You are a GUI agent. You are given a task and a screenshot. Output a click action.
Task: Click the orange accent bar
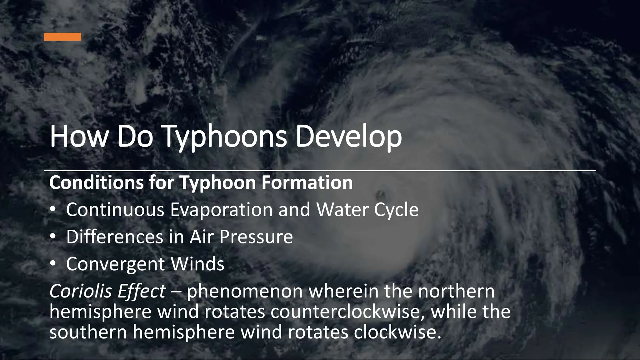click(62, 37)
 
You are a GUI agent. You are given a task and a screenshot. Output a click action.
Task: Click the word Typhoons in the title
click(224, 137)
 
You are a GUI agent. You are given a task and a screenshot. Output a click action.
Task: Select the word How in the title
click(78, 137)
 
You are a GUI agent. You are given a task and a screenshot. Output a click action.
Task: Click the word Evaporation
click(222, 210)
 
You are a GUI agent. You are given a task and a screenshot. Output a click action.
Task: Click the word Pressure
click(256, 237)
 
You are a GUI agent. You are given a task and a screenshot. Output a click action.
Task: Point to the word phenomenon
click(245, 291)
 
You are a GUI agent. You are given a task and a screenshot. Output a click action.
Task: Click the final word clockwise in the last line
click(397, 332)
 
